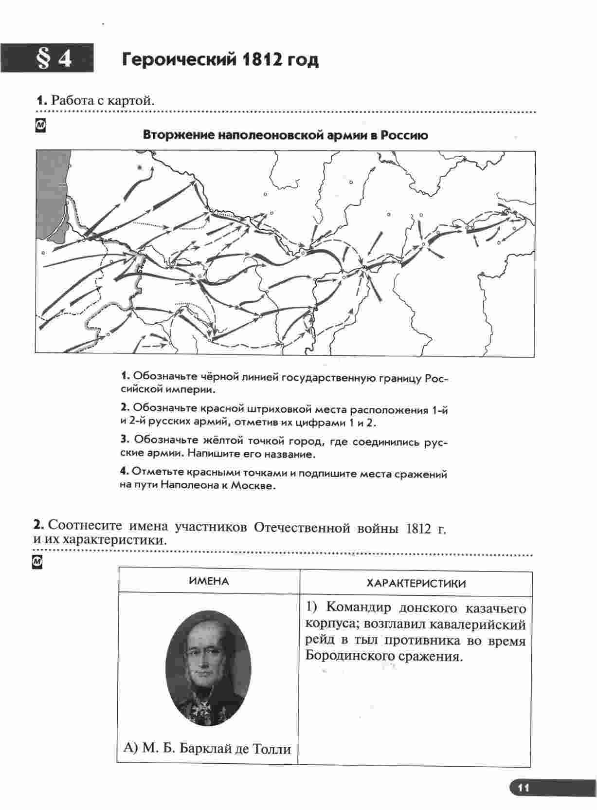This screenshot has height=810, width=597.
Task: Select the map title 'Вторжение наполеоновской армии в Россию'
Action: pos(285,135)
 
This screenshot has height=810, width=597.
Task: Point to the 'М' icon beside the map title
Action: pos(41,126)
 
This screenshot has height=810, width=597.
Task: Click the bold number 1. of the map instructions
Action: pos(125,376)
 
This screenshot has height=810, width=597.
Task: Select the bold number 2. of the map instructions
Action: pos(125,407)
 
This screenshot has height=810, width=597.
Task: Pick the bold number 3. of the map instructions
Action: pos(125,439)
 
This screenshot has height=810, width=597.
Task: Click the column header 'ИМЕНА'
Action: pos(209,581)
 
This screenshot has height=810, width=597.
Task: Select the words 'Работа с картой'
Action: pos(102,101)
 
